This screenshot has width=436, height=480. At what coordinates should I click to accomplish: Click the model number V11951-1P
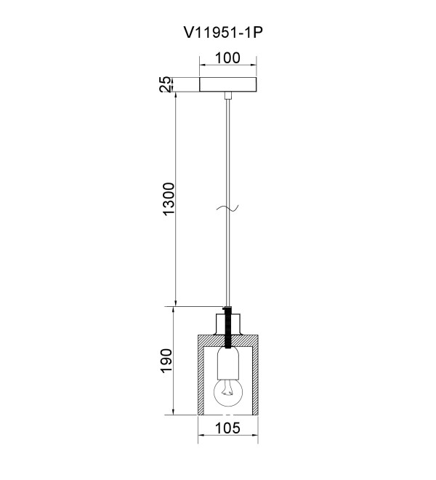pyautogui.click(x=223, y=33)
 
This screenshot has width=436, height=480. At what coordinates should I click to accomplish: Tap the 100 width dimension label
pyautogui.click(x=228, y=58)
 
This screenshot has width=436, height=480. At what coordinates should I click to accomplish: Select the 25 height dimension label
pyautogui.click(x=165, y=84)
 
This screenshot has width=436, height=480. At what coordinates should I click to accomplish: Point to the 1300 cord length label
pyautogui.click(x=169, y=199)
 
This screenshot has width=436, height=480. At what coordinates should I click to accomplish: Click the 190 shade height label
pyautogui.click(x=166, y=361)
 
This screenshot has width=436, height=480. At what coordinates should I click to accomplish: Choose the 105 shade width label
pyautogui.click(x=228, y=428)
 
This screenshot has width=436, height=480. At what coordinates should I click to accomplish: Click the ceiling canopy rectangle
pyautogui.click(x=228, y=84)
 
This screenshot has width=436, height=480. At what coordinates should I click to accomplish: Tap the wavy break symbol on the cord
pyautogui.click(x=227, y=208)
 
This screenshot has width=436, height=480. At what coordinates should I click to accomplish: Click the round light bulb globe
pyautogui.click(x=228, y=392)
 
